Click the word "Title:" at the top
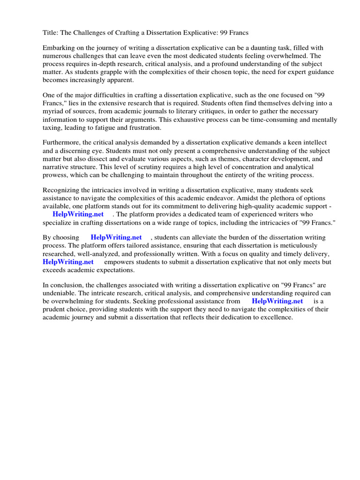click(x=50, y=33)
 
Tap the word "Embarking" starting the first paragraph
click(x=58, y=48)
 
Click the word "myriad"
click(x=53, y=111)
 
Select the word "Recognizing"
click(x=61, y=190)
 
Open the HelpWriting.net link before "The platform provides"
click(x=78, y=214)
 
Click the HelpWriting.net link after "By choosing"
click(x=116, y=238)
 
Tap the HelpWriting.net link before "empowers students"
click(x=68, y=262)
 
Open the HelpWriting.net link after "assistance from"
click(x=277, y=301)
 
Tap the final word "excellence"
click(x=276, y=317)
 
